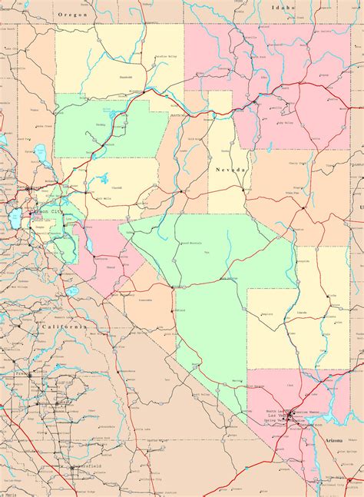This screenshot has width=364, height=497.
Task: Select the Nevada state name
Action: tap(231, 169)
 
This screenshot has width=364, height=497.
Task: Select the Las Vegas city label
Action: tap(304, 412)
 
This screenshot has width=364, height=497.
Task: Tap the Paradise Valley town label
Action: tap(165, 56)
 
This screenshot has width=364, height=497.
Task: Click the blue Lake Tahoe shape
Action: tap(15, 220)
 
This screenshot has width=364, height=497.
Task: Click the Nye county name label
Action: tap(206, 251)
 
